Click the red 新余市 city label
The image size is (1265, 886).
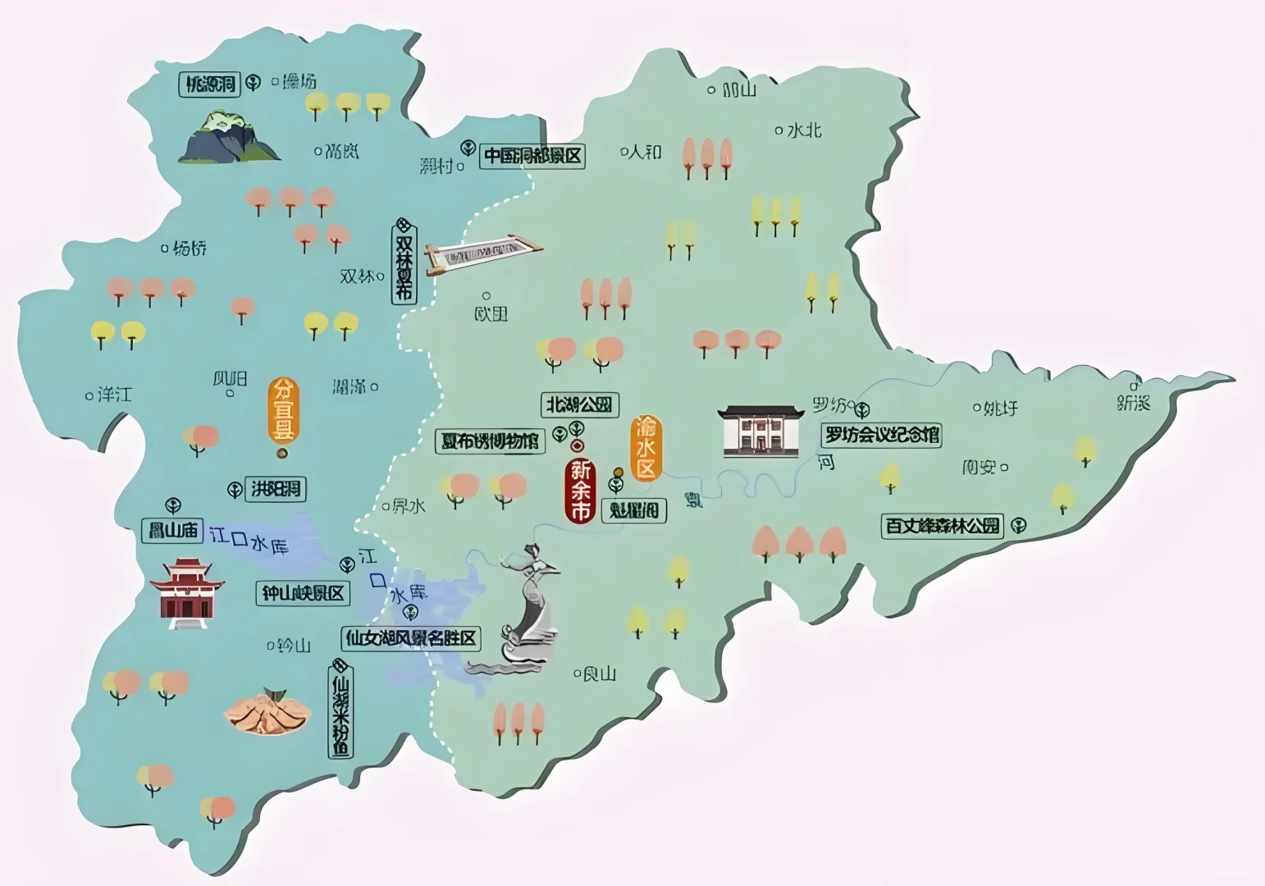click(580, 491)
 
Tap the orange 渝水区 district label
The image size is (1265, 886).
click(646, 448)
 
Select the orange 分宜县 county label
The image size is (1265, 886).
click(282, 411)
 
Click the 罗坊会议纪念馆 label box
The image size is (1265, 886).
click(882, 435)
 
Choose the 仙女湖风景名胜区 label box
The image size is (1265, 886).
click(411, 638)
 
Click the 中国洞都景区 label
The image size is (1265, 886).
click(532, 156)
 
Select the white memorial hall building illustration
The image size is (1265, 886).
click(760, 430)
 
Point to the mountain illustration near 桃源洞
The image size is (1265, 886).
click(228, 137)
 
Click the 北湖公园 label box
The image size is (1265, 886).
click(580, 404)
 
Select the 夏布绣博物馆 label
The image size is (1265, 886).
click(490, 441)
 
